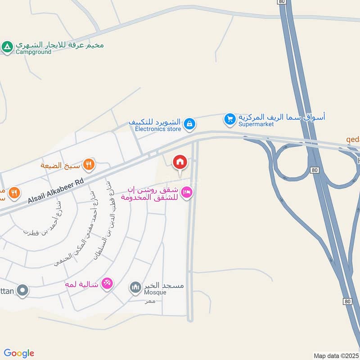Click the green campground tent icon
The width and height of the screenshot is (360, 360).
pos(7,46)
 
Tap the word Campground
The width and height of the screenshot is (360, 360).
pos(33,52)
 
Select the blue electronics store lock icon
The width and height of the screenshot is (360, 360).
pos(190,123)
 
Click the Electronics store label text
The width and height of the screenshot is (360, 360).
pos(158,129)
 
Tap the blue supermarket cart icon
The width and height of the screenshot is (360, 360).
pos(230,119)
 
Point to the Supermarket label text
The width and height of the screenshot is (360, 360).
pos(256,124)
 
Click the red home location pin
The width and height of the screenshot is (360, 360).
pos(180,162)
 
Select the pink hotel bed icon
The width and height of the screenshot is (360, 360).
pos(188,193)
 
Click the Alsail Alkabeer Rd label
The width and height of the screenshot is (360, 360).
pos(56,191)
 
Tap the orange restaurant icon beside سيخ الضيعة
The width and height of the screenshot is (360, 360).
pos(89,165)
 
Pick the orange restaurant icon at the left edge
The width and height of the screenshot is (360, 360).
pos(14,193)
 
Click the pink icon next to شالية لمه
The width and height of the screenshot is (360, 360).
pos(107,283)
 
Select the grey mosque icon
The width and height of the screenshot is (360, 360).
pos(135,287)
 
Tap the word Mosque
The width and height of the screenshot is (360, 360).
pos(155,292)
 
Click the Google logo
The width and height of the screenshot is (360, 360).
pos(19,353)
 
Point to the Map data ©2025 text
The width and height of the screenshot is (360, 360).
pos(335,355)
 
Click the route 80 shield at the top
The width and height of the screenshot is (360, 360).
pos(282,2)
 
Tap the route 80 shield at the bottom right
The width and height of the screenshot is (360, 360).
pos(346,301)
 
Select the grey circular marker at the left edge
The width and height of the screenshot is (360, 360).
pos(22,290)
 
